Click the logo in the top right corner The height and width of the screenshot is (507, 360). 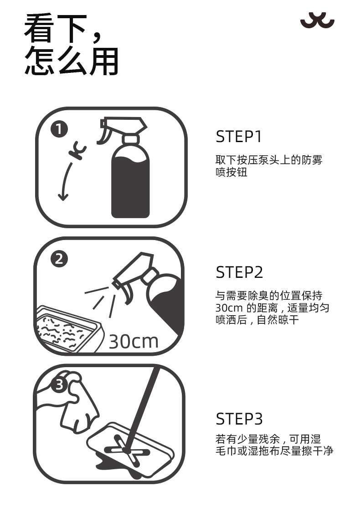coord(317,20)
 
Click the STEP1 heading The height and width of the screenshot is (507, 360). coord(239,137)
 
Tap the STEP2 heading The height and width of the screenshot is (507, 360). coord(239,272)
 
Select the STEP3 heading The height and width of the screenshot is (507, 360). coord(239,419)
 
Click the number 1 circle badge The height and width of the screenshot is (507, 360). coord(59,129)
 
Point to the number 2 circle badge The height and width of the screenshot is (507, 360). coord(59,259)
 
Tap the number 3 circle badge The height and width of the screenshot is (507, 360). coord(60,385)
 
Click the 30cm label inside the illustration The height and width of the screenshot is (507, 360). coord(134,342)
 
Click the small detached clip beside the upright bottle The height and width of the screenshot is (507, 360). coord(77,151)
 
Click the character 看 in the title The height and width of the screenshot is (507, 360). coord(39,28)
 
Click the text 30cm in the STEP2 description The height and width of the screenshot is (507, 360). coord(229,308)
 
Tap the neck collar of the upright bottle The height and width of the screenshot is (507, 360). coord(131,139)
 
